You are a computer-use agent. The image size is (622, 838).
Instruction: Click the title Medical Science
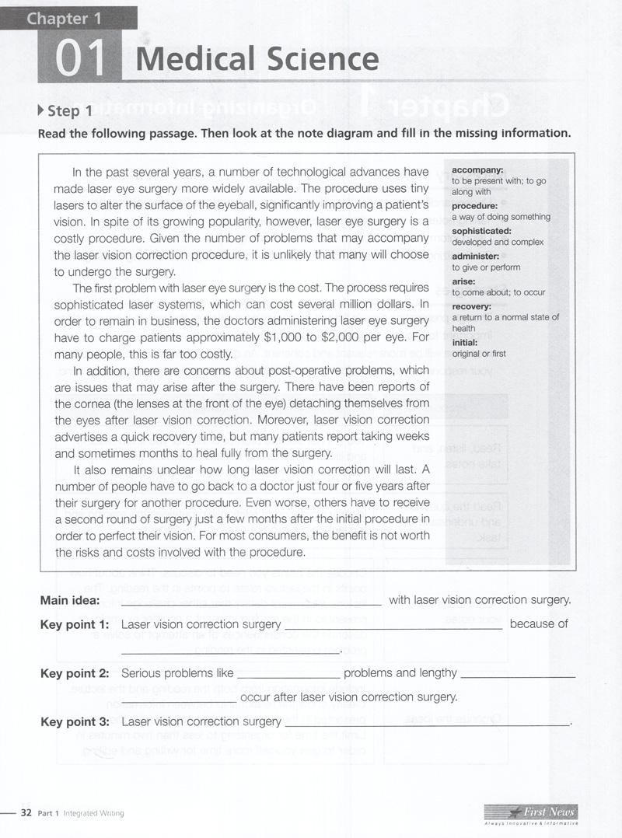[x=257, y=60]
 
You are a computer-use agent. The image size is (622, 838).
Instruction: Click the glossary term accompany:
[x=477, y=169]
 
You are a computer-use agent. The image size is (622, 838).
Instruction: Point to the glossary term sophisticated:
[x=481, y=231]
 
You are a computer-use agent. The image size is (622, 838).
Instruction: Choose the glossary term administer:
[x=475, y=256]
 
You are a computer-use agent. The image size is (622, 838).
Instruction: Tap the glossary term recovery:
[x=472, y=306]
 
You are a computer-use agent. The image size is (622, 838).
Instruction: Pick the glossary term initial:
[x=466, y=342]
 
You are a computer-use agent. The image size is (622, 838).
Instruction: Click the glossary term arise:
[x=463, y=281]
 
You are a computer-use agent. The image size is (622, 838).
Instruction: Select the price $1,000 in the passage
[x=295, y=337]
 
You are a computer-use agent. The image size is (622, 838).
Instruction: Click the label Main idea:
[x=69, y=600]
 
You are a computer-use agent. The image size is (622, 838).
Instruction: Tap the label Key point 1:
[x=74, y=624]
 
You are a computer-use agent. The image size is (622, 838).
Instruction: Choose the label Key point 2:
[x=74, y=673]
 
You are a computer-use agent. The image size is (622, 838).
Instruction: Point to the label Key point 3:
[x=74, y=722]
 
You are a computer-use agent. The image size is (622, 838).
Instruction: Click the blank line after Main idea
[x=251, y=603]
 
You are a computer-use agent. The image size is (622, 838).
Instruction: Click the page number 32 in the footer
[x=25, y=813]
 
